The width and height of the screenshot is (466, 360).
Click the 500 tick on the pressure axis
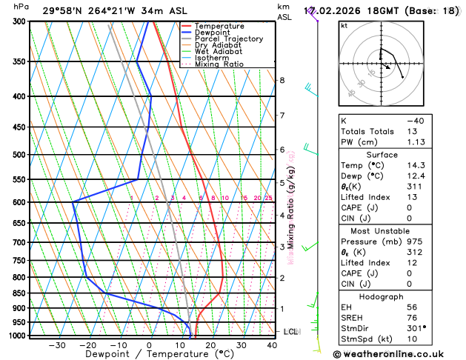(x=20, y=155)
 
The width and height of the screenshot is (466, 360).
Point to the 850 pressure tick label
(x=20, y=293)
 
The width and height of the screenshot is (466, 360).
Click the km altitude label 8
(x=282, y=80)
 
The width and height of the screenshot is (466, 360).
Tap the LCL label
(x=291, y=331)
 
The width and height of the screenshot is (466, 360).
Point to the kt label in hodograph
(x=344, y=25)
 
